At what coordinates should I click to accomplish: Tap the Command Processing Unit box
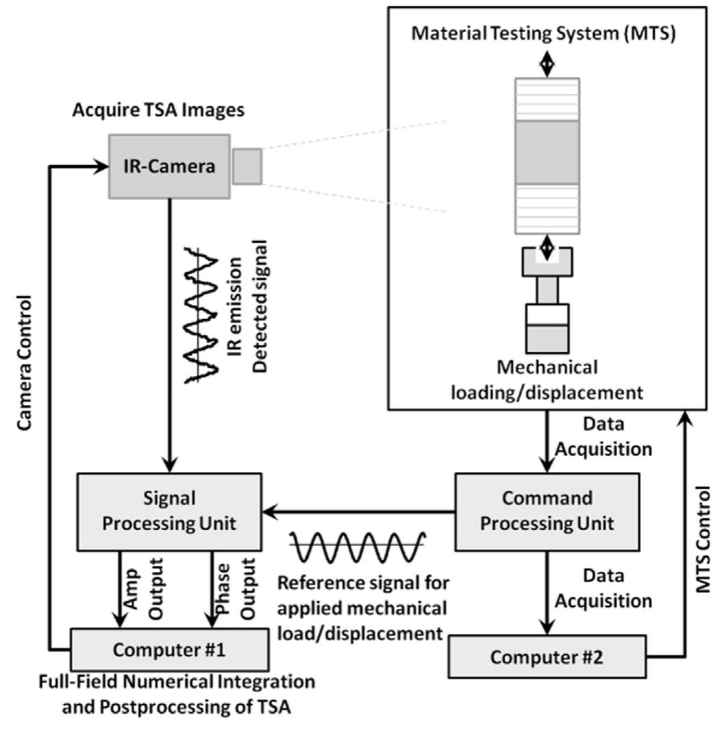click(x=545, y=512)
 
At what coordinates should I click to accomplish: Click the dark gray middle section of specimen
click(x=547, y=153)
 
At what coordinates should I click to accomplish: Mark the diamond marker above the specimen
click(x=546, y=65)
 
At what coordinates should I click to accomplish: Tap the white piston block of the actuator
click(x=546, y=314)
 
